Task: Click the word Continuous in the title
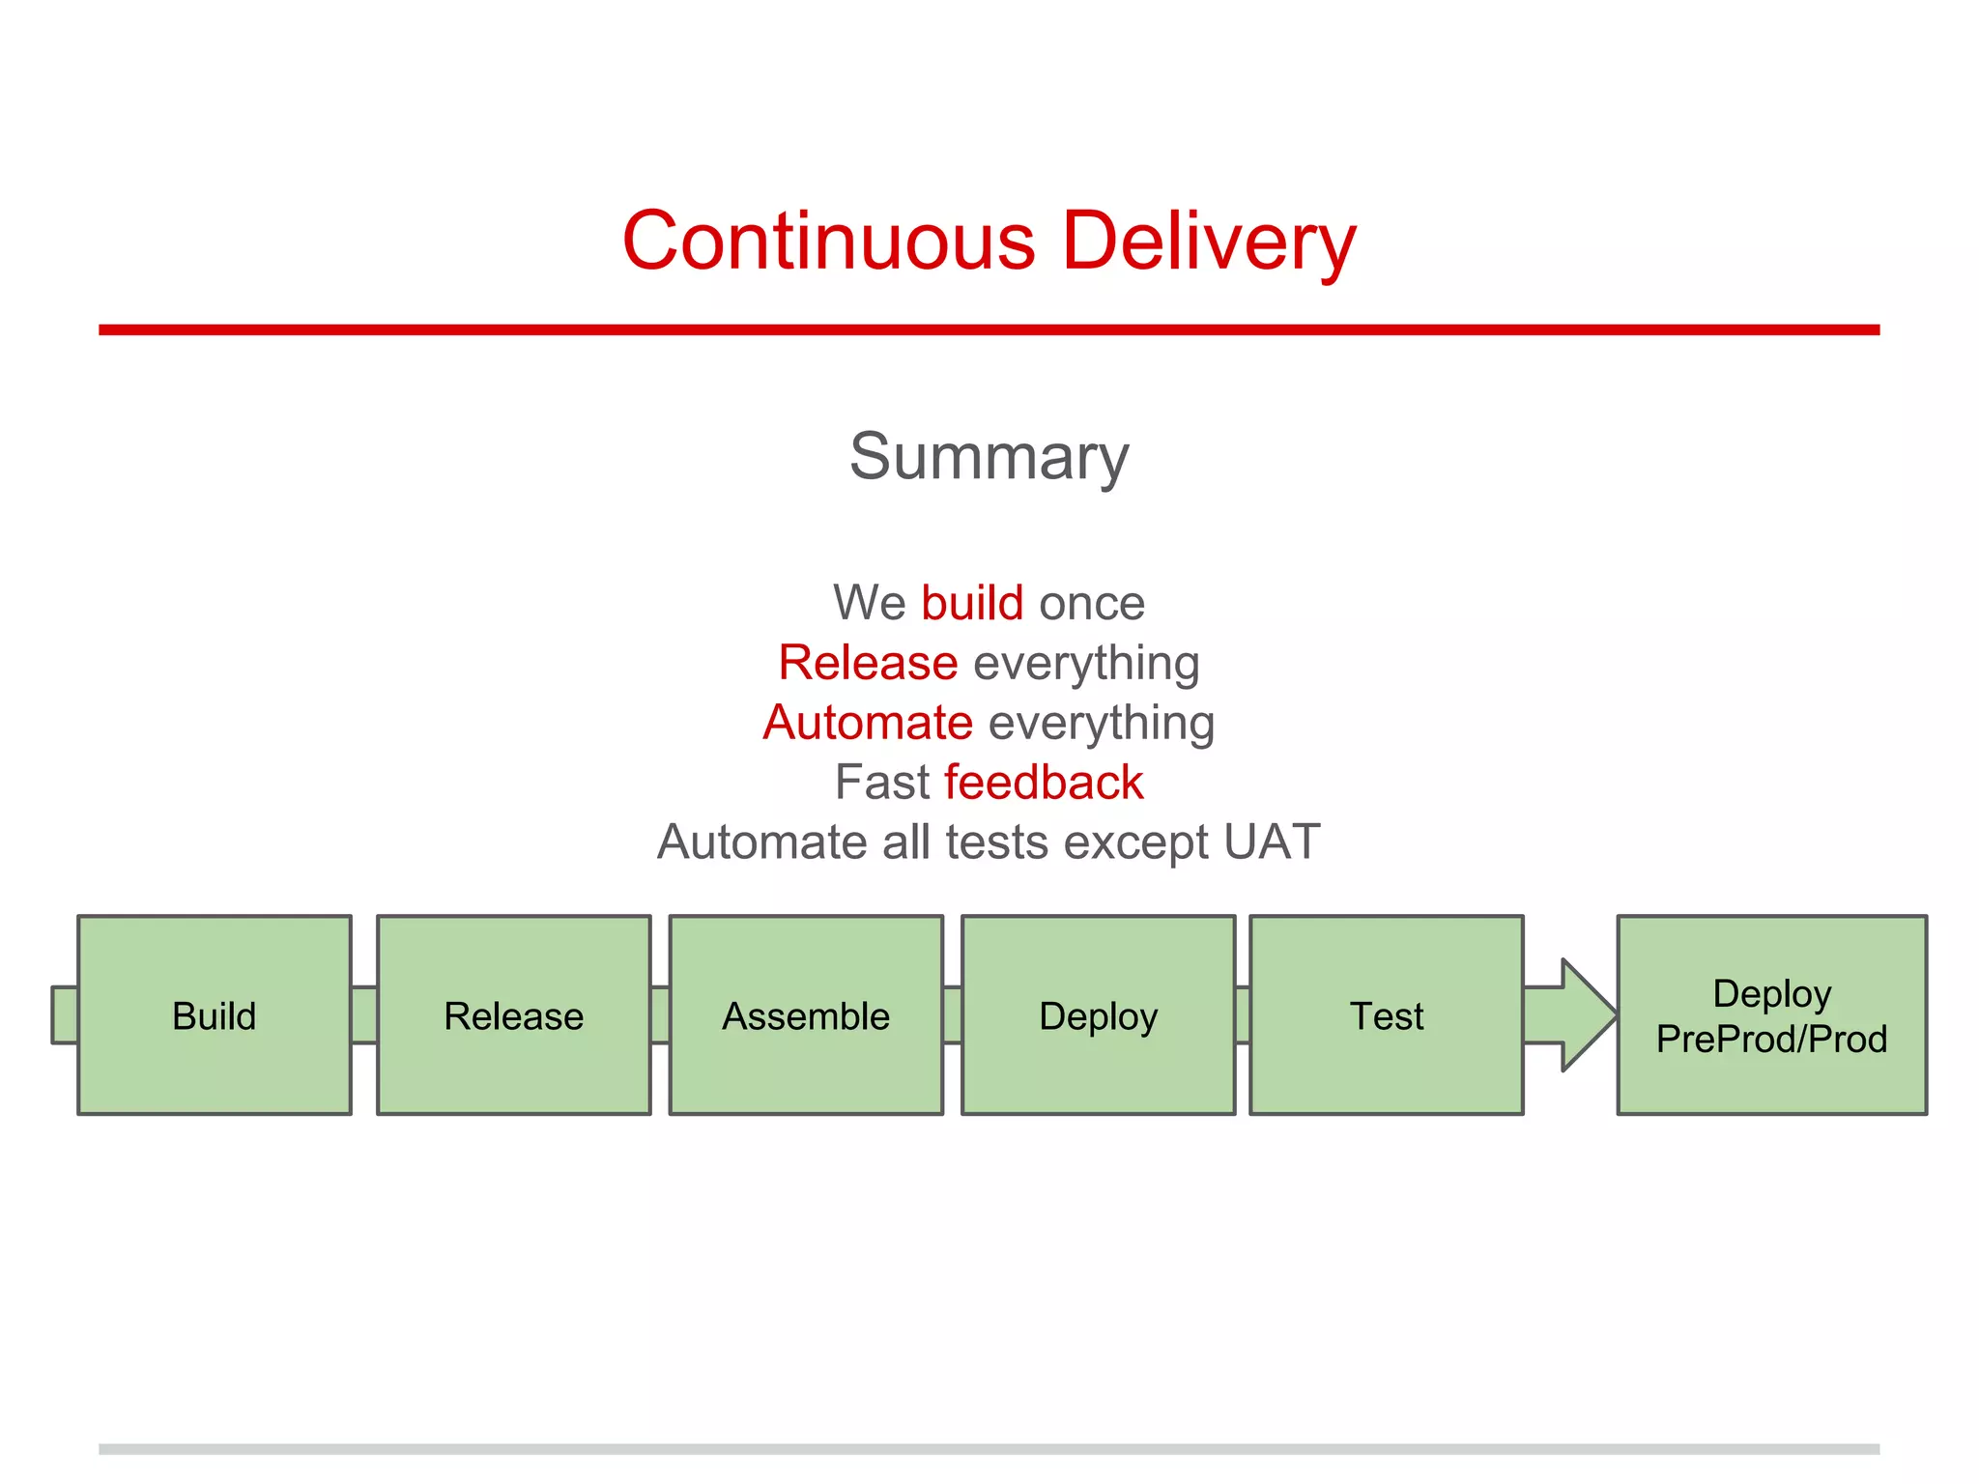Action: click(x=828, y=241)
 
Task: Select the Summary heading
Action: click(x=989, y=456)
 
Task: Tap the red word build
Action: click(x=971, y=603)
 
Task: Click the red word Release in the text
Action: click(x=868, y=663)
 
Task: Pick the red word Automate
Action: click(x=868, y=723)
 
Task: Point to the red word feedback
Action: click(x=1044, y=783)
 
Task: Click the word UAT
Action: click(x=1272, y=842)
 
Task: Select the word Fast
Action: click(x=882, y=783)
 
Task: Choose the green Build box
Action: click(x=215, y=1015)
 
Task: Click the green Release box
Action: click(x=513, y=1015)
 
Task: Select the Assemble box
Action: click(x=806, y=1015)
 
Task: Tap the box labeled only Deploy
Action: click(x=1098, y=1015)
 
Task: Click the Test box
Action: click(x=1386, y=1015)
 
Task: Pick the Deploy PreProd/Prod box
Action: click(x=1771, y=1015)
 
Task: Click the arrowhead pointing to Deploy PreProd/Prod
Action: click(x=1585, y=1015)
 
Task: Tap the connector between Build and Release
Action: click(x=364, y=1015)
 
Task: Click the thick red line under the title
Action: click(x=989, y=329)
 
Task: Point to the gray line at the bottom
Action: click(x=989, y=1449)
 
